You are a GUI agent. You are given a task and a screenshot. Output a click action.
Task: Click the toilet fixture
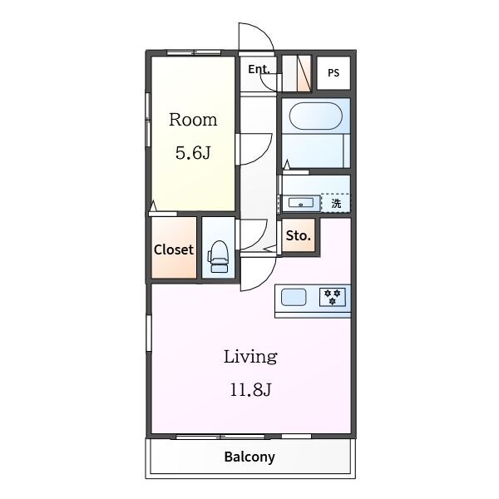pyautogui.click(x=218, y=256)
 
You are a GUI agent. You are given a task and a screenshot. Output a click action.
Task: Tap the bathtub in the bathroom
pyautogui.click(x=315, y=116)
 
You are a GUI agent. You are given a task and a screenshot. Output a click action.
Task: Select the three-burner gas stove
pyautogui.click(x=332, y=297)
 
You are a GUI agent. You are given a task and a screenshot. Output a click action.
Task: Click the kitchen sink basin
pyautogui.click(x=294, y=297)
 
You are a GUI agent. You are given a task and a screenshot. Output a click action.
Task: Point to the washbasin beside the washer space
pyautogui.click(x=301, y=203)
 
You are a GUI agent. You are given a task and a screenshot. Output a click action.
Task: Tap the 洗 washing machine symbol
pyautogui.click(x=336, y=203)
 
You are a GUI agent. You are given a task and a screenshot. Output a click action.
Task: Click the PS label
pyautogui.click(x=333, y=73)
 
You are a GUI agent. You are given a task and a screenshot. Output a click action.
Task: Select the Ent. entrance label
pyautogui.click(x=259, y=69)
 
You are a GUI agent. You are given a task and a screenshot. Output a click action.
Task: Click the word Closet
pyautogui.click(x=174, y=249)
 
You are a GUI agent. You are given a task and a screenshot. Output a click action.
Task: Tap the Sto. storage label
pyautogui.click(x=299, y=235)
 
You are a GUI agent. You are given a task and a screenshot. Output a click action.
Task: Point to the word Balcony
pyautogui.click(x=249, y=457)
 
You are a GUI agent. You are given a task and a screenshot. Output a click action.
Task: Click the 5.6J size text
pyautogui.click(x=193, y=153)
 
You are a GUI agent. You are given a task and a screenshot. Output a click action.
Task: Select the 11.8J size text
pyautogui.click(x=251, y=389)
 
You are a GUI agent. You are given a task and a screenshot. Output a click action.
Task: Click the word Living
pyautogui.click(x=250, y=357)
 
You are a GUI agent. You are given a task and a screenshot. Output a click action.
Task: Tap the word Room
pyautogui.click(x=193, y=120)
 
